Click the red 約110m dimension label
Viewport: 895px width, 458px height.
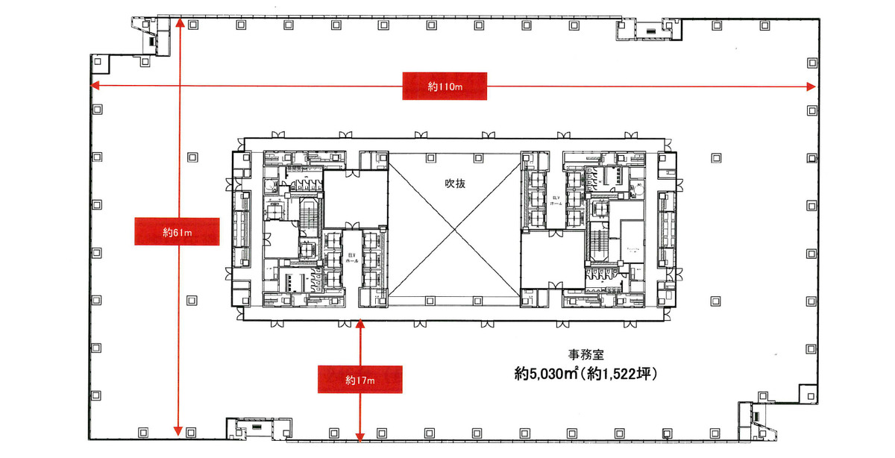coord(445,87)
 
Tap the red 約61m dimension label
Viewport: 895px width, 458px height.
coord(177,232)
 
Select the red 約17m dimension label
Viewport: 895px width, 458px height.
coord(360,380)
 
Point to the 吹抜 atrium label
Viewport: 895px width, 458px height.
coord(455,183)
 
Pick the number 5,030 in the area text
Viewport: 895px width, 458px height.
coord(551,374)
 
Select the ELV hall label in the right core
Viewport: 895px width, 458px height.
coord(555,200)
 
